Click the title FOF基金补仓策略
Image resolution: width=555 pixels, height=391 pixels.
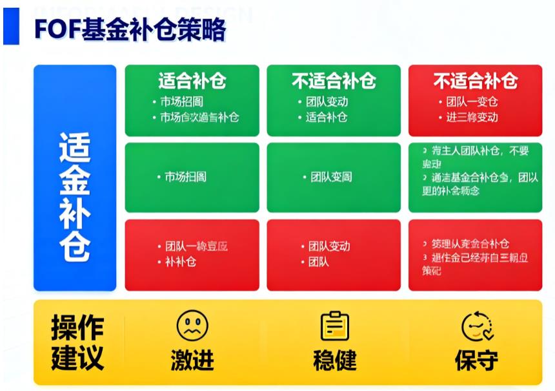click(130, 29)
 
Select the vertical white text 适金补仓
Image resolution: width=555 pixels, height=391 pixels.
click(75, 196)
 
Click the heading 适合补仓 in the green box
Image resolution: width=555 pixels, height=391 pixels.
click(192, 81)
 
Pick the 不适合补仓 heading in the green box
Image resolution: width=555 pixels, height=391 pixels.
click(333, 81)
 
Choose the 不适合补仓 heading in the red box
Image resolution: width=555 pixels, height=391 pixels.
click(475, 81)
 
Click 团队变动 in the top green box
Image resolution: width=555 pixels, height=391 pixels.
click(327, 101)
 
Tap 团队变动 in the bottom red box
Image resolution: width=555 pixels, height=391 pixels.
click(328, 246)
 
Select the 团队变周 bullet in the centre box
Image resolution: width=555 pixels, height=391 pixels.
click(330, 176)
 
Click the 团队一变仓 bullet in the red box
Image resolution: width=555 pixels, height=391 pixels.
click(472, 101)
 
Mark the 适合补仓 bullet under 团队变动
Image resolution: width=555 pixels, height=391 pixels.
click(327, 117)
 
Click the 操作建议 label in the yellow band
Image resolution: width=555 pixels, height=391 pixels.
click(77, 343)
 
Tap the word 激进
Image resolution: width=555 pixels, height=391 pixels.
click(192, 360)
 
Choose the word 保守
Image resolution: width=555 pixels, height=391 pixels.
click(476, 360)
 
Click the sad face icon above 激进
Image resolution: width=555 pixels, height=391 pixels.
click(192, 326)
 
